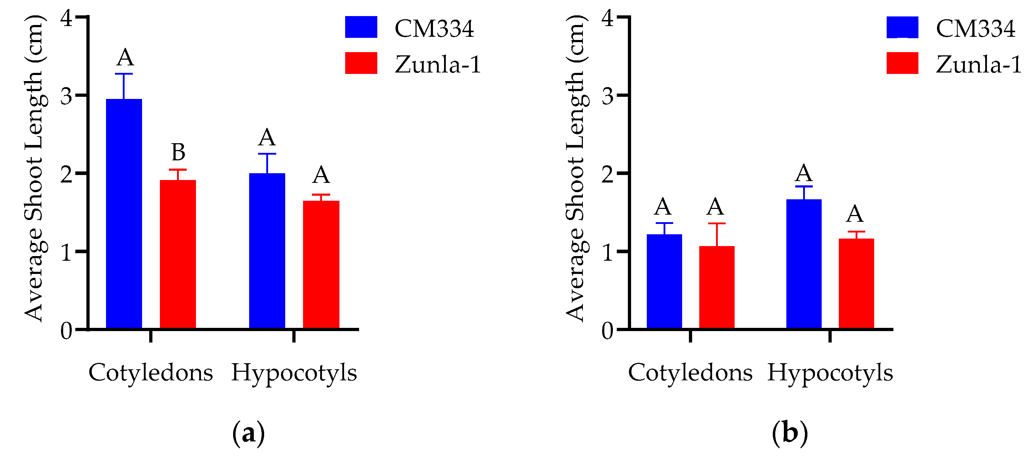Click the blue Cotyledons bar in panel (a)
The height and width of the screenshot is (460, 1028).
pos(124,214)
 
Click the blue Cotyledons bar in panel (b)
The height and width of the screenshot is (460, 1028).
pos(664,281)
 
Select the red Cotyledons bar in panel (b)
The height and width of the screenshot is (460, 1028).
pos(717,287)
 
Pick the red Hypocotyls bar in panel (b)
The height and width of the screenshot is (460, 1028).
pos(856,284)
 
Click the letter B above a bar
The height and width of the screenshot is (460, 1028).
pos(178,152)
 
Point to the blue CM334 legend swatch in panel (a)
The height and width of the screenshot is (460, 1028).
pos(361,27)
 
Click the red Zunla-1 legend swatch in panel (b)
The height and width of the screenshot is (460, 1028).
pos(902,63)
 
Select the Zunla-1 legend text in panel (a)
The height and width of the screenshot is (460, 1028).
pos(438,64)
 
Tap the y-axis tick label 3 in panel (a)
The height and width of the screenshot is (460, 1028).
pos(67,96)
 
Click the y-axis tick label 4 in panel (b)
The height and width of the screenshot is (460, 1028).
pos(608,18)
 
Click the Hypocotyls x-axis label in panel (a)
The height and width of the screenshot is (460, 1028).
pos(294,372)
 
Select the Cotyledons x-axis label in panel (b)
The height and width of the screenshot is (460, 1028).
pos(690,372)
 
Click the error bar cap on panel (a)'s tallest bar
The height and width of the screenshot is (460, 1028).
pos(124,74)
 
